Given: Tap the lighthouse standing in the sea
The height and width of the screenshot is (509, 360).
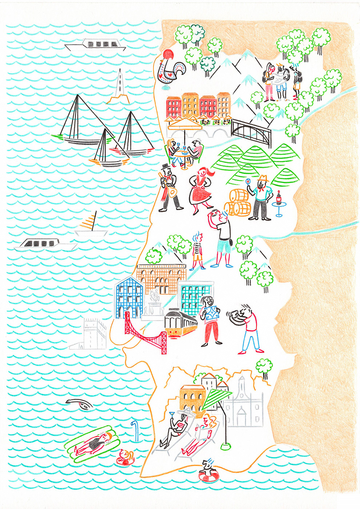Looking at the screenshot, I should pyautogui.click(x=118, y=87).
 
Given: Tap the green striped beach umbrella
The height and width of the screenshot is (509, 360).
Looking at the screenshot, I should pyautogui.click(x=215, y=398).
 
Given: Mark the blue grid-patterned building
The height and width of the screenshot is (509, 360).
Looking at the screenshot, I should pyautogui.click(x=129, y=296).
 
